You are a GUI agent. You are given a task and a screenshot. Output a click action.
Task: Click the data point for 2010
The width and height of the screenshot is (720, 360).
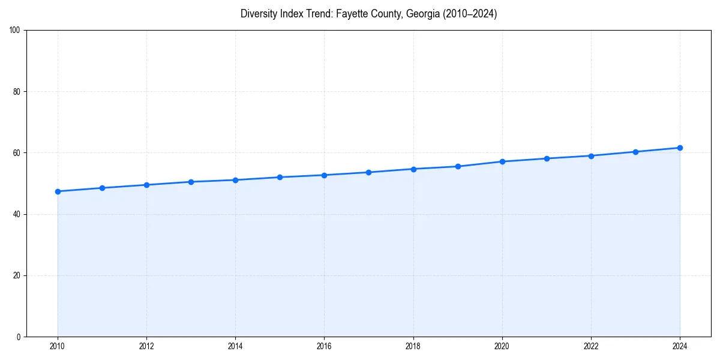58,191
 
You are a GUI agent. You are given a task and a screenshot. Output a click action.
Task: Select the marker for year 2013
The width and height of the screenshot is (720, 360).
191,182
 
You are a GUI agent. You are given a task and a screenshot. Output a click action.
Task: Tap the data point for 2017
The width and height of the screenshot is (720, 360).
368,172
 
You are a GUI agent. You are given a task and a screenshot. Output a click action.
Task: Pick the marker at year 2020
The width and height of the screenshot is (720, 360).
502,161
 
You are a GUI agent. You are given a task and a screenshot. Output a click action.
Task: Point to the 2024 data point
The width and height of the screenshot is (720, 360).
680,148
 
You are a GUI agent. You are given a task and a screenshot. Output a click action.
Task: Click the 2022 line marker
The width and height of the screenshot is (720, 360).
591,156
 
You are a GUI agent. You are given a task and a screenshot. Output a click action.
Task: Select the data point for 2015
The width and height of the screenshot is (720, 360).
280,177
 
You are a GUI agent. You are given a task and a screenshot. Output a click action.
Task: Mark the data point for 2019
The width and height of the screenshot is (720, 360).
458,166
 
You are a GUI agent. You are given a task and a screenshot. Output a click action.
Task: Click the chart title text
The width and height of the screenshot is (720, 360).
368,14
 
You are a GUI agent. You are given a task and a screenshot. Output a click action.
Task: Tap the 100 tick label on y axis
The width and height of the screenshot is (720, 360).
15,31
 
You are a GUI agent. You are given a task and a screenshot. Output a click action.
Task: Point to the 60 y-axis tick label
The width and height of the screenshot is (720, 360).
17,153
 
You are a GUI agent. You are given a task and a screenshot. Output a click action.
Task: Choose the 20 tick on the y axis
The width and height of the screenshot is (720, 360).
17,275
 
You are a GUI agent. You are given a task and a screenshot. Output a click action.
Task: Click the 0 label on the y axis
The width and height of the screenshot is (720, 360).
19,337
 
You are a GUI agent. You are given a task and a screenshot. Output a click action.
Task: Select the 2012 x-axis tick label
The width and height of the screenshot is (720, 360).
146,346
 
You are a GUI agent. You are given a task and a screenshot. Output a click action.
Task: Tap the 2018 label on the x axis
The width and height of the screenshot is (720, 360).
413,346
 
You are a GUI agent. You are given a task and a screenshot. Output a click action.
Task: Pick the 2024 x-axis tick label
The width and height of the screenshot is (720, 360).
680,346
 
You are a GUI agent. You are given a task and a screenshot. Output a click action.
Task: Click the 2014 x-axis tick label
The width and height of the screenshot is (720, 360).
235,346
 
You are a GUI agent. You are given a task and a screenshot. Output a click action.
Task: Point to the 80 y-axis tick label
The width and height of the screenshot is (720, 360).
17,92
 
